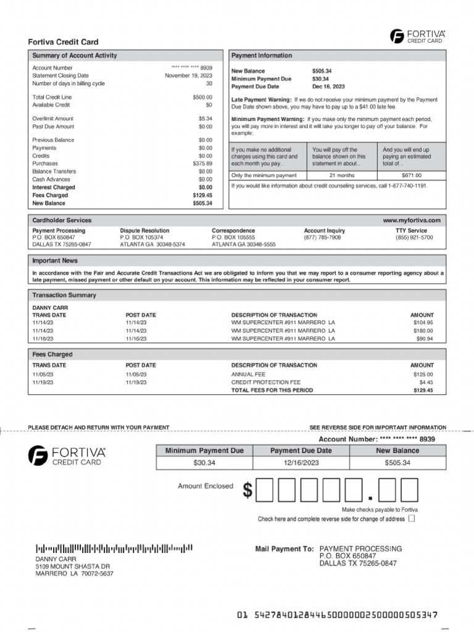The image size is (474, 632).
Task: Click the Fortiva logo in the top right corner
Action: click(x=417, y=36)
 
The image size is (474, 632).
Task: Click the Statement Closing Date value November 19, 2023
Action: click(x=188, y=75)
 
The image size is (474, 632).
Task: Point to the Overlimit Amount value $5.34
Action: click(x=205, y=118)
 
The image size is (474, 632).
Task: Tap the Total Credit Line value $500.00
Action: click(x=202, y=98)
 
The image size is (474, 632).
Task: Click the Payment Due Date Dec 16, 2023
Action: click(x=328, y=87)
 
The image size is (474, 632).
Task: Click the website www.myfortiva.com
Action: click(x=412, y=220)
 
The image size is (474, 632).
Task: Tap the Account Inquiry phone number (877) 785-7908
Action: click(x=322, y=238)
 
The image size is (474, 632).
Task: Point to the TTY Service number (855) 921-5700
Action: click(x=414, y=238)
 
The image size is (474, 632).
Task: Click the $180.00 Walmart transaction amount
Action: click(x=423, y=331)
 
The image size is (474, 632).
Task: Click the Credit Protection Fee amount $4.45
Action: click(x=426, y=383)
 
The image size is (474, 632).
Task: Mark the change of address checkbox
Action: click(x=412, y=519)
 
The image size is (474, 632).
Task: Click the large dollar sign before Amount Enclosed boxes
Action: click(x=247, y=491)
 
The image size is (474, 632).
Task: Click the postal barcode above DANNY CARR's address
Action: click(x=114, y=547)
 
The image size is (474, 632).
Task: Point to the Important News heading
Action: click(x=55, y=261)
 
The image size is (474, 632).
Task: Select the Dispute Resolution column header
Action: click(x=144, y=231)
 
